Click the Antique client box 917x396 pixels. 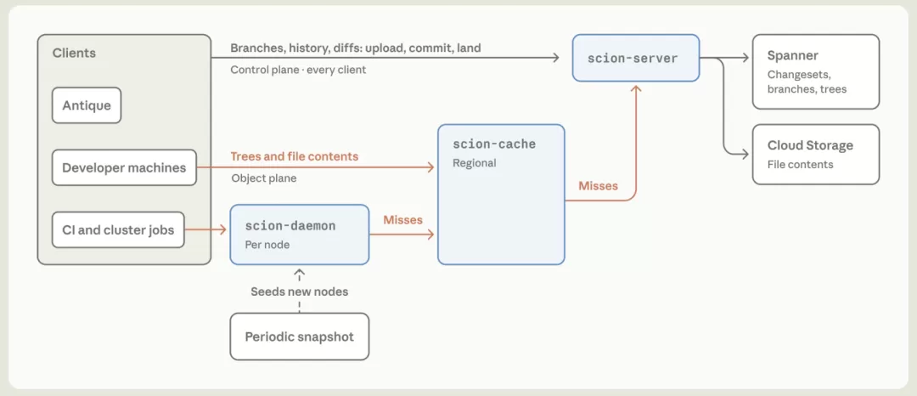(87, 105)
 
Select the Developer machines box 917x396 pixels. (124, 168)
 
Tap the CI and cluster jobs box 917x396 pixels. (118, 230)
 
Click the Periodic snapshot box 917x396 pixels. (300, 337)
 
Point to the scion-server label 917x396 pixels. (633, 59)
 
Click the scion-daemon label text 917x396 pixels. (290, 226)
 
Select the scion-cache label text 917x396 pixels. (494, 144)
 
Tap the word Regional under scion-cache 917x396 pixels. (475, 162)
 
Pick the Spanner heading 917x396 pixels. (793, 56)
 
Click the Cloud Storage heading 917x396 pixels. (810, 145)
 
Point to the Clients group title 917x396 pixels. (74, 54)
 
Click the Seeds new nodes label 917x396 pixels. (300, 291)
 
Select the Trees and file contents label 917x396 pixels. (294, 156)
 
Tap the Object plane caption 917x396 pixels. (264, 178)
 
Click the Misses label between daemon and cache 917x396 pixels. (403, 220)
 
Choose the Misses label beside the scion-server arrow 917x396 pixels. (599, 186)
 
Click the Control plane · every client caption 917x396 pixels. (298, 70)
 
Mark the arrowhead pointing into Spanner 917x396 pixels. (745, 57)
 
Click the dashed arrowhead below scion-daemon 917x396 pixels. (300, 273)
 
